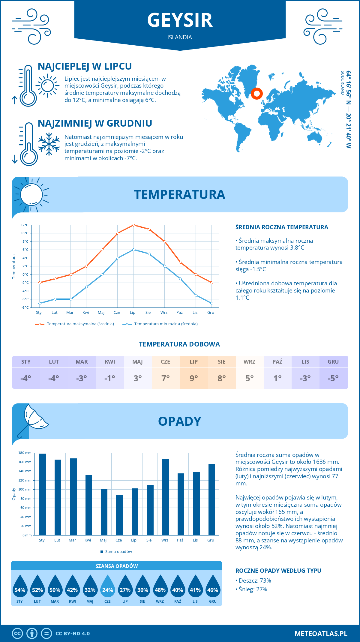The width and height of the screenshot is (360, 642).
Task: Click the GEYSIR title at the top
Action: pyautogui.click(x=180, y=20)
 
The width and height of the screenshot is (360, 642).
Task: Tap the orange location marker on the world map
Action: pyautogui.click(x=256, y=94)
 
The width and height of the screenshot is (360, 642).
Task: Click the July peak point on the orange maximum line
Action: pyautogui.click(x=133, y=225)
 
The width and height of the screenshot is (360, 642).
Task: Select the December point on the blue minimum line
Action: pyautogui.click(x=211, y=303)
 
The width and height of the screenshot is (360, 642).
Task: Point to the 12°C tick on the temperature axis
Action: pyautogui.click(x=25, y=225)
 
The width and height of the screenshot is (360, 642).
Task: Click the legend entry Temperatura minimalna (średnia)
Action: pyautogui.click(x=166, y=324)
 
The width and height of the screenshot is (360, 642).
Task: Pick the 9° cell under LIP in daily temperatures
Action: pyautogui.click(x=194, y=378)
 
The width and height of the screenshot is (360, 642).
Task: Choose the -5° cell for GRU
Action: pyautogui.click(x=333, y=378)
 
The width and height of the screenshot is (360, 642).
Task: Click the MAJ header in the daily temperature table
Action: pyautogui.click(x=138, y=362)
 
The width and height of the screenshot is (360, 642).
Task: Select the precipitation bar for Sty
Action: pyautogui.click(x=43, y=494)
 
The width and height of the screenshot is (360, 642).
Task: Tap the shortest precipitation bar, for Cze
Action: pyautogui.click(x=119, y=515)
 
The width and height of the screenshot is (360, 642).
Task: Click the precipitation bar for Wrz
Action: pyautogui.click(x=166, y=497)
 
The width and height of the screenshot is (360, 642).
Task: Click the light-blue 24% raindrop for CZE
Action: pyautogui.click(x=107, y=587)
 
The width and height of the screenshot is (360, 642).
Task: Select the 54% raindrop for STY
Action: pyautogui.click(x=20, y=587)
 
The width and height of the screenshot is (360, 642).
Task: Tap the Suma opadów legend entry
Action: pyautogui.click(x=118, y=552)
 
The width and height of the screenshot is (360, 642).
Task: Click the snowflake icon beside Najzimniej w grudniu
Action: pyautogui.click(x=49, y=144)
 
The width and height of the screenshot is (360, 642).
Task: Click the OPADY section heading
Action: pyautogui.click(x=179, y=421)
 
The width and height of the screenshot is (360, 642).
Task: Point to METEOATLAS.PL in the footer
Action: pyautogui.click(x=321, y=634)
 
